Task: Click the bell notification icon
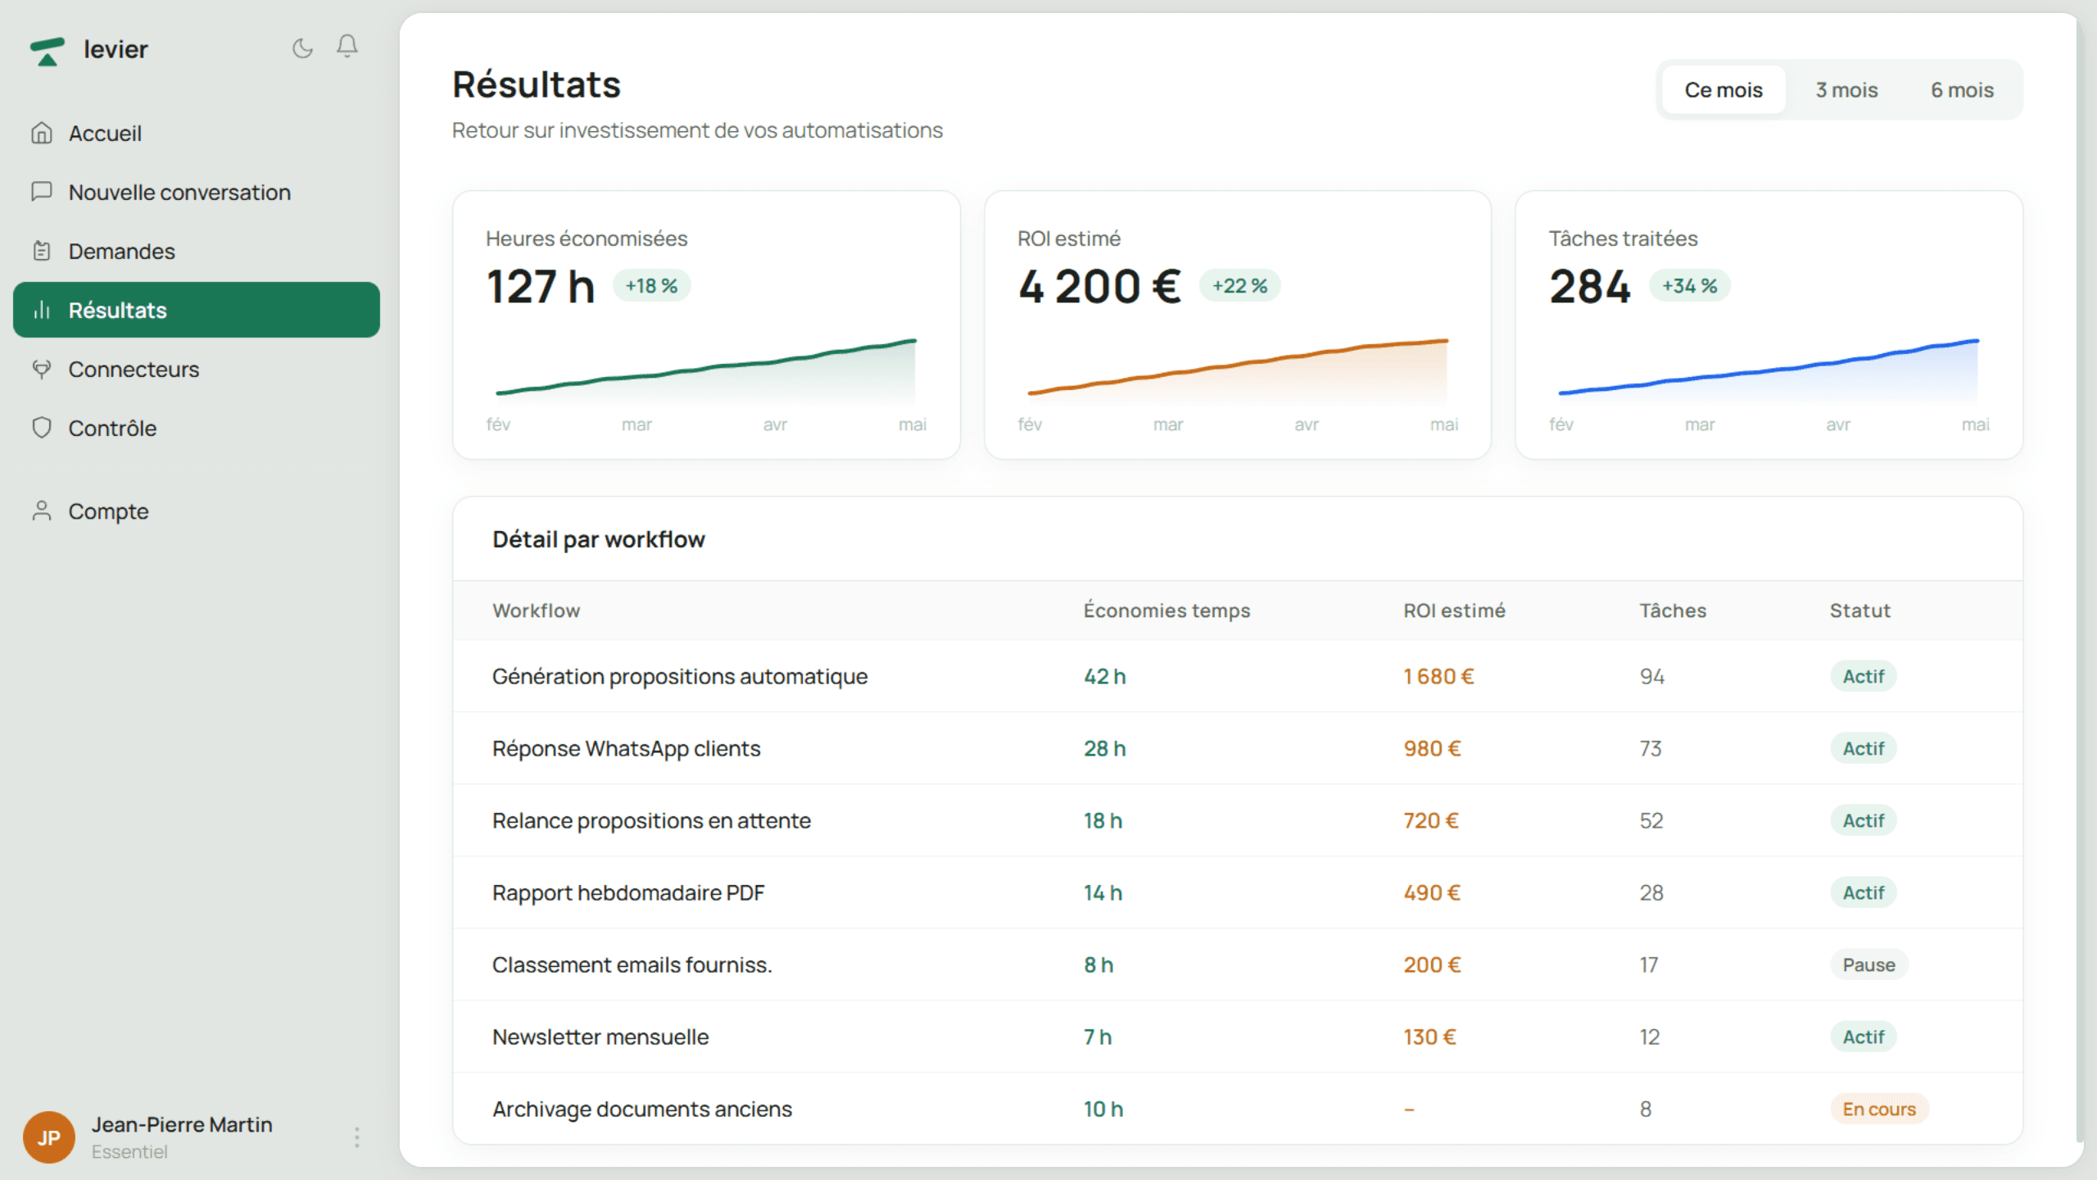tap(347, 47)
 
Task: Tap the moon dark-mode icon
tap(302, 48)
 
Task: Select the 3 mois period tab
tap(1846, 90)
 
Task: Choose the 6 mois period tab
tap(1962, 90)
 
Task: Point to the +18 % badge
tap(651, 286)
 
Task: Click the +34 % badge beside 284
tap(1689, 286)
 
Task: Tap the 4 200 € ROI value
tap(1099, 287)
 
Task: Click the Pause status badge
tap(1868, 964)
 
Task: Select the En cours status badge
tap(1879, 1109)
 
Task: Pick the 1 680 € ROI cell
tap(1438, 676)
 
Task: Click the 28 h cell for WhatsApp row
tap(1105, 748)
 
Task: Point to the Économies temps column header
tap(1166, 610)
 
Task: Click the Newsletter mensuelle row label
tap(600, 1037)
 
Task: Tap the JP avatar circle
tap(49, 1137)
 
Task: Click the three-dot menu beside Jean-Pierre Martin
tap(356, 1137)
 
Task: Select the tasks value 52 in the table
tap(1651, 820)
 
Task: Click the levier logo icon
tap(47, 51)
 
